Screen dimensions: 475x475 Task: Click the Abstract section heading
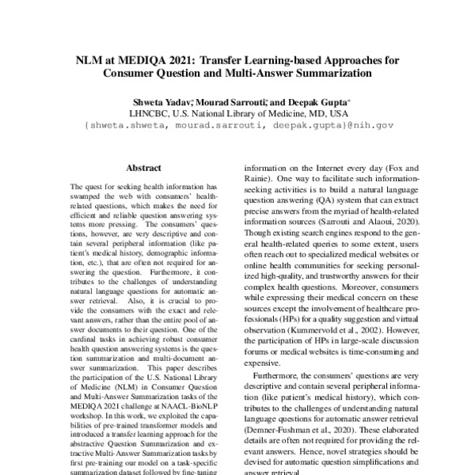tap(143, 168)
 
